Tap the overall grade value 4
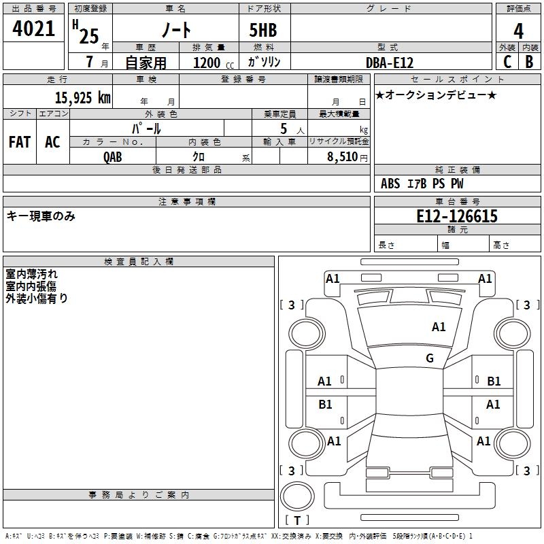(518, 31)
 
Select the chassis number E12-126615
(457, 216)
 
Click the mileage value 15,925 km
(82, 98)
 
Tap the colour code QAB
(114, 156)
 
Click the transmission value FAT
(19, 142)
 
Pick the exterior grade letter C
(507, 62)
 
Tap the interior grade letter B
(529, 62)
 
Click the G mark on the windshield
(430, 358)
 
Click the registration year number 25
(88, 36)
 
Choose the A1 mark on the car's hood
(439, 327)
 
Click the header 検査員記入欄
(139, 262)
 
